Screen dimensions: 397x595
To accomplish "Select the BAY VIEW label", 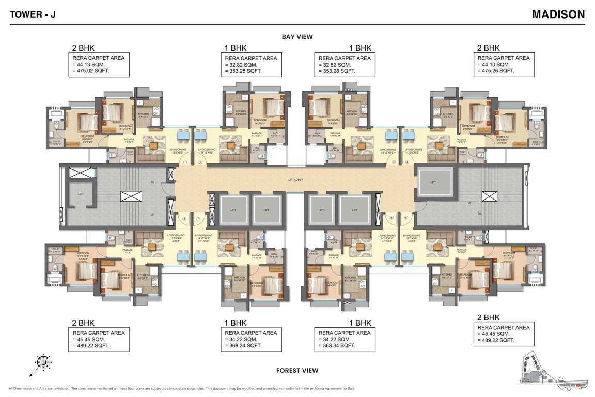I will point(297,37).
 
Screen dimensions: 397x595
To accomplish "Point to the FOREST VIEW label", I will point(297,370).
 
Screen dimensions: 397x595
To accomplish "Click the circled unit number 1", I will point(185,162).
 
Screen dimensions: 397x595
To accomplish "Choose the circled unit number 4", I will point(407,162).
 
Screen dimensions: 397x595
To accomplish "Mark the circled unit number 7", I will point(198,219).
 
